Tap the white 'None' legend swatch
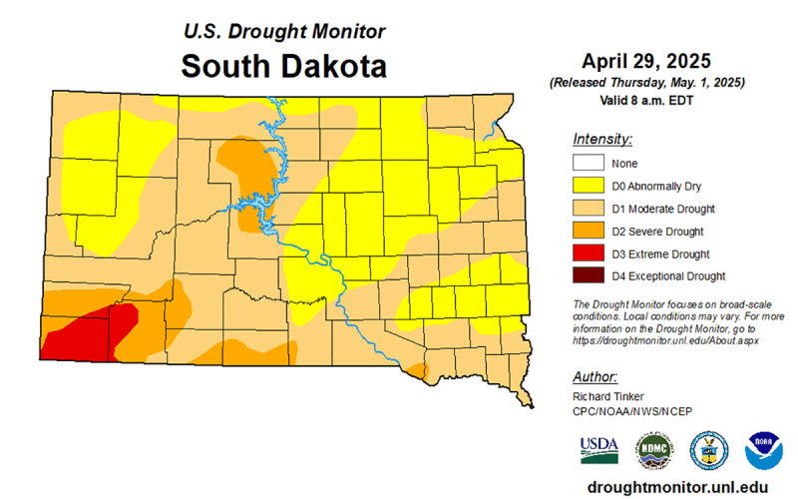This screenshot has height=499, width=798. click(590, 163)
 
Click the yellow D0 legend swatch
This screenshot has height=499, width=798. click(590, 186)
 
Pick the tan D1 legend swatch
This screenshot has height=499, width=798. click(590, 209)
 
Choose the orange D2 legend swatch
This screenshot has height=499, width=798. click(590, 231)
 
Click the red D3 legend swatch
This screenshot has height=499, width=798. click(590, 253)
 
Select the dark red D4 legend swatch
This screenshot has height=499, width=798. click(590, 275)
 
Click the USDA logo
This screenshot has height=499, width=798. click(598, 449)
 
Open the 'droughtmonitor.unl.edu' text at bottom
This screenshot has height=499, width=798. click(677, 486)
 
